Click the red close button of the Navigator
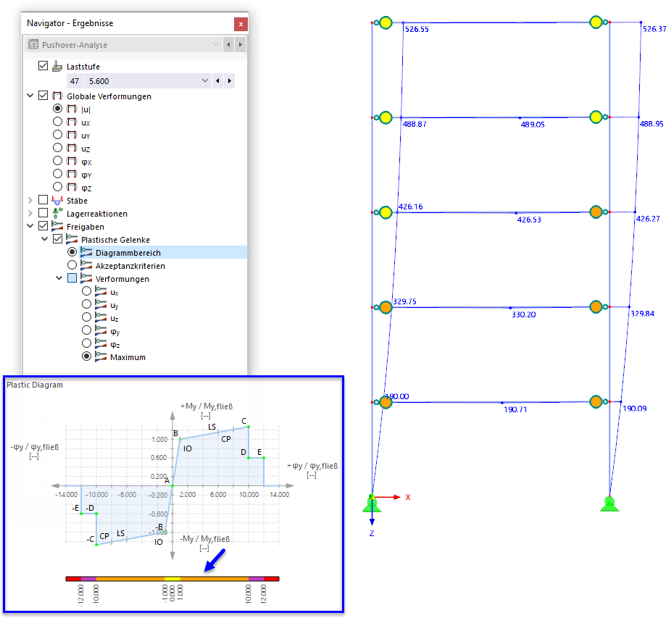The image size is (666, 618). [240, 24]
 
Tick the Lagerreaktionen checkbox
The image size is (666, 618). [43, 214]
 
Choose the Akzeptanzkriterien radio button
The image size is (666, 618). [72, 266]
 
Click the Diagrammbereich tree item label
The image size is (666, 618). [128, 253]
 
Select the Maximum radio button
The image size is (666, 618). [87, 357]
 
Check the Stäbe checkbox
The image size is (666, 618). [43, 201]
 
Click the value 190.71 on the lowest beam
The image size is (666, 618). [515, 409]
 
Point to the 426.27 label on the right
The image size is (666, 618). [647, 218]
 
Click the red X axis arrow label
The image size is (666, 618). [408, 497]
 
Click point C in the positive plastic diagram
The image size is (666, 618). [244, 421]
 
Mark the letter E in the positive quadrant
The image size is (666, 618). [259, 452]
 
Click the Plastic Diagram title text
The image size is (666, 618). [35, 385]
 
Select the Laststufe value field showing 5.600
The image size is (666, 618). [145, 81]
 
